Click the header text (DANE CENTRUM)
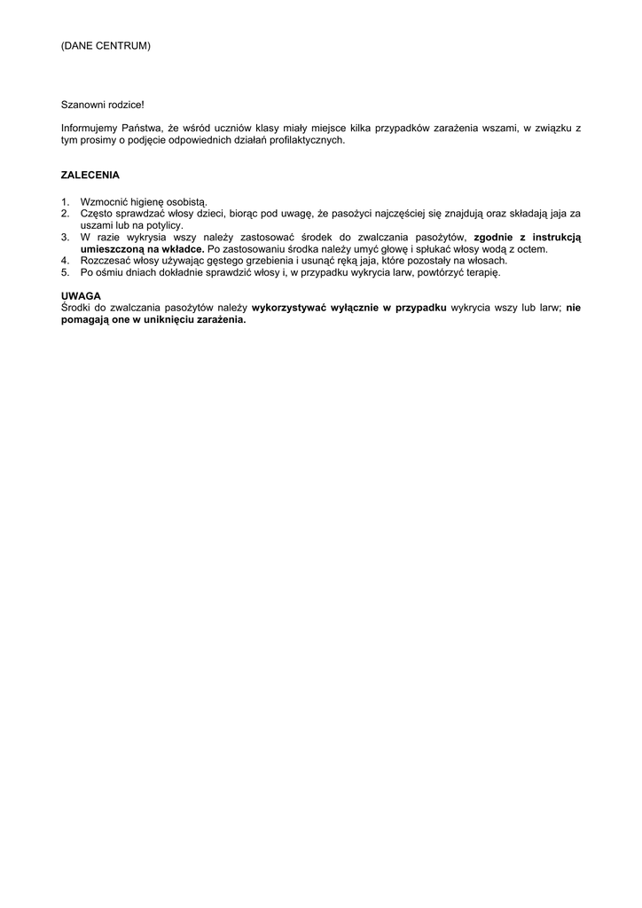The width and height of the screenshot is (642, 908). (106, 45)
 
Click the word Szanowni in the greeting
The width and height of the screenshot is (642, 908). (82, 105)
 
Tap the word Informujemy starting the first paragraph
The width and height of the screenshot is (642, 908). (90, 129)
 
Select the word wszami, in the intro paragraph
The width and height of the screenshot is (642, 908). (495, 129)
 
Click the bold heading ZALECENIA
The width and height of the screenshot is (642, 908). (90, 176)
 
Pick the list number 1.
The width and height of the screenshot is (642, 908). (65, 203)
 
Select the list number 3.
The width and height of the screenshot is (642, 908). (65, 237)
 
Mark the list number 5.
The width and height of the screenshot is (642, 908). (65, 272)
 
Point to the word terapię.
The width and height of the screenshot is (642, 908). (481, 272)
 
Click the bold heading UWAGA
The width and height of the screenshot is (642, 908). (81, 295)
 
